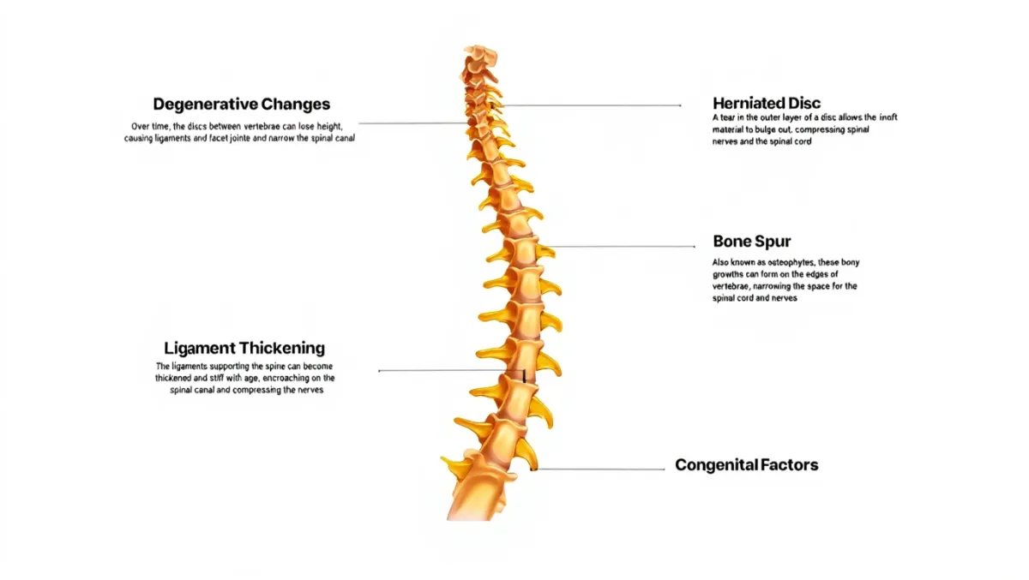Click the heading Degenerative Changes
(241, 105)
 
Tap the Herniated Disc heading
(767, 104)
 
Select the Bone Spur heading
(752, 241)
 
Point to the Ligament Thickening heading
(244, 348)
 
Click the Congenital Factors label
(746, 465)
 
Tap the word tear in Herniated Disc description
(728, 117)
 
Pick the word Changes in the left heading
(289, 105)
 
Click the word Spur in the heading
(773, 241)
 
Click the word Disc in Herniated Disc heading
(803, 104)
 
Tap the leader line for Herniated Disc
(592, 105)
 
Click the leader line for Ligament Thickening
(446, 371)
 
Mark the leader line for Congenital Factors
(600, 469)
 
